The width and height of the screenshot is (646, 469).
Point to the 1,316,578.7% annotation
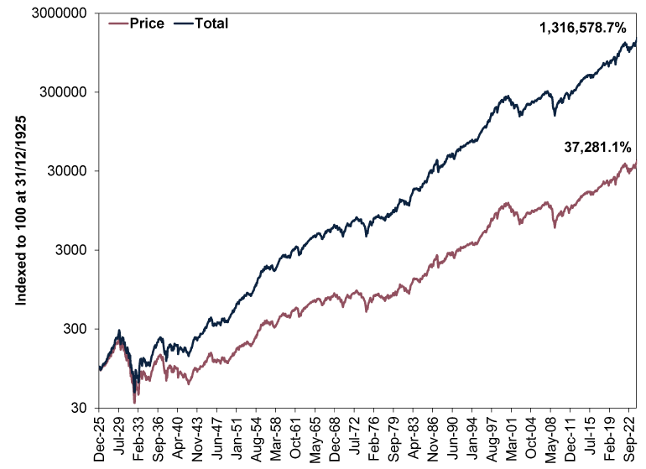[582, 28]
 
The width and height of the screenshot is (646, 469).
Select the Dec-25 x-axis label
[100, 436]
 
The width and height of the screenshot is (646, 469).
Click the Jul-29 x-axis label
[119, 436]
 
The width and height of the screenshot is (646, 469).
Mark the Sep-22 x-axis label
[632, 436]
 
